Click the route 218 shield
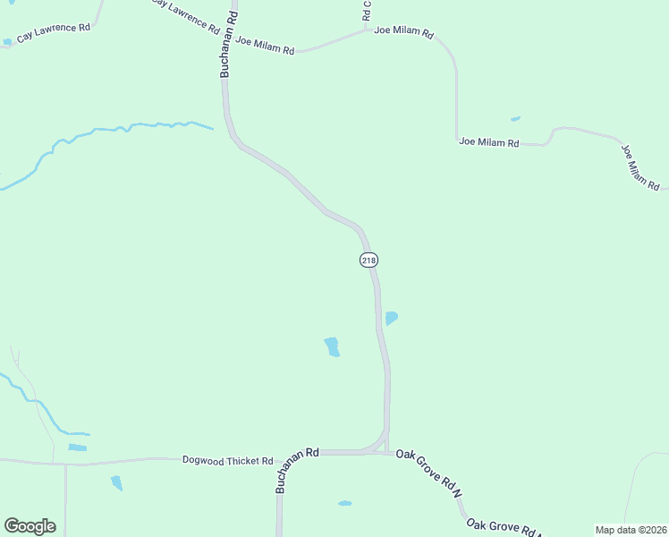click(368, 260)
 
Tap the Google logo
click(30, 526)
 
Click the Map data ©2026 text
click(631, 529)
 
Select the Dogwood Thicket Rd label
click(227, 460)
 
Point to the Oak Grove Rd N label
click(429, 474)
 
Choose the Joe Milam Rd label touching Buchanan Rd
click(265, 47)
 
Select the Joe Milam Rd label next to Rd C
click(403, 31)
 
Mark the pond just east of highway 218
click(391, 318)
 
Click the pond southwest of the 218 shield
click(332, 346)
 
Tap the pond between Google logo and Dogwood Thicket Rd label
click(116, 483)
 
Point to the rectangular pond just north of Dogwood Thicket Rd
click(78, 447)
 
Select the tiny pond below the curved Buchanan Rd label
click(344, 503)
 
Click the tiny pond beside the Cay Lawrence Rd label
click(7, 41)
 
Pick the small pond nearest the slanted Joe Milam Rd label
click(515, 118)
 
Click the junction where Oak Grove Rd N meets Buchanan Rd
click(387, 452)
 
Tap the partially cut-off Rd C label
click(366, 11)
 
